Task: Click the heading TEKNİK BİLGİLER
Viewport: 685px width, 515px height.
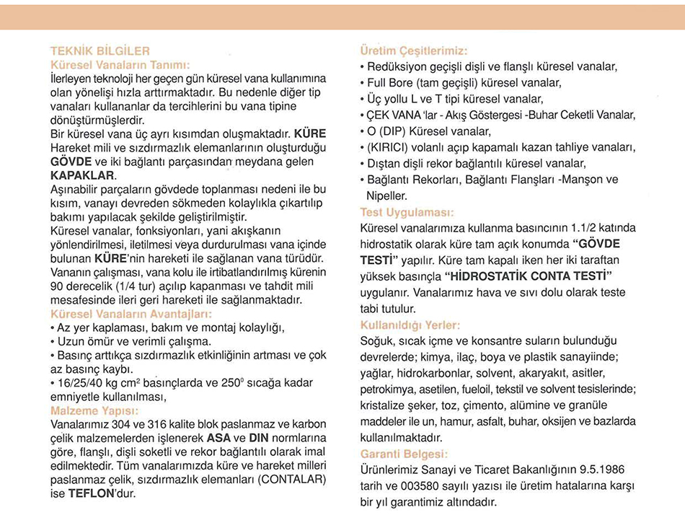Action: pos(100,51)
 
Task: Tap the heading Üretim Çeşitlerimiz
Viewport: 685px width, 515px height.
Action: pos(413,51)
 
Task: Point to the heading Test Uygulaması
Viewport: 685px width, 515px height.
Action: pos(407,213)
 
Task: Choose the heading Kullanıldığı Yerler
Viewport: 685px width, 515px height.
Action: pos(410,325)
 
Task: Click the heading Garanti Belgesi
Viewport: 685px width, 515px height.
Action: pos(404,454)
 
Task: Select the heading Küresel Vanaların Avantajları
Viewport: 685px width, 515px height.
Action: pos(131,314)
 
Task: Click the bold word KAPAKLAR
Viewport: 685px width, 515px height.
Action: pos(83,175)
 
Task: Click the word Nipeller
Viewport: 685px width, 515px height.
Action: pos(389,195)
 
